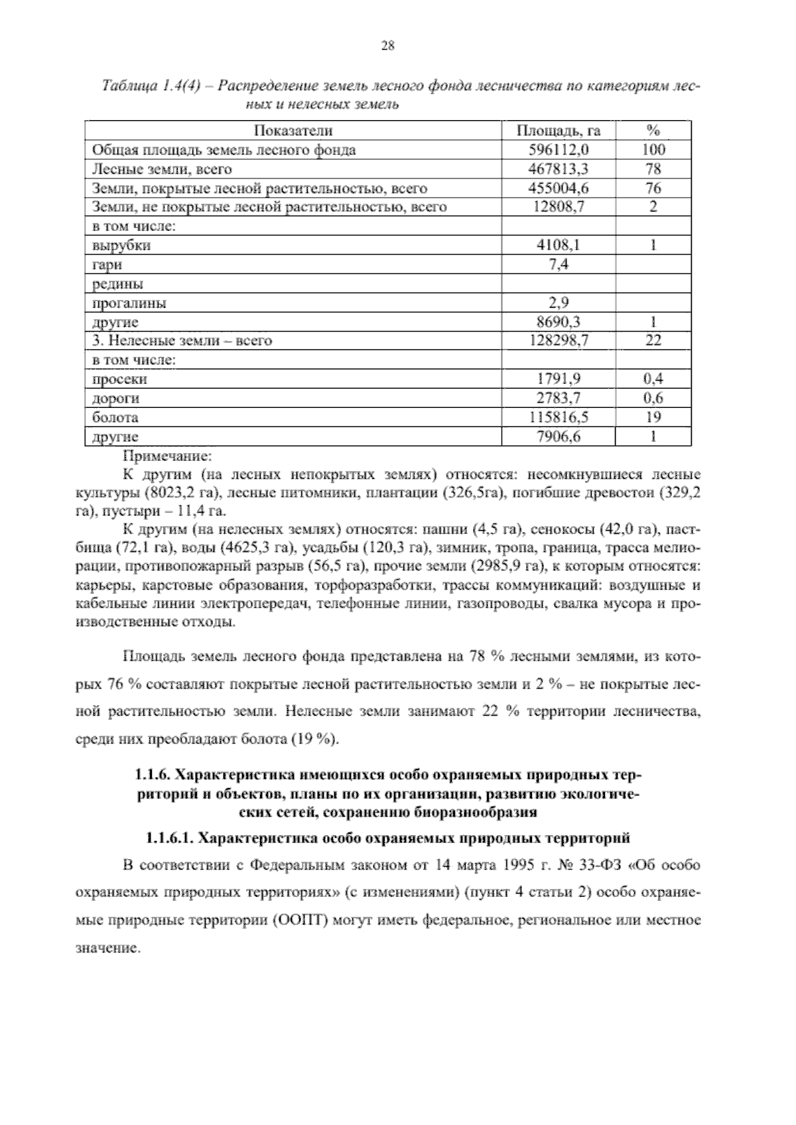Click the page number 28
tap(388, 46)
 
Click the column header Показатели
tap(293, 131)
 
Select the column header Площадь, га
tap(558, 131)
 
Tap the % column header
tap(653, 131)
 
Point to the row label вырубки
tap(121, 245)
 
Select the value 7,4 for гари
tap(558, 265)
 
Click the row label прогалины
tap(129, 303)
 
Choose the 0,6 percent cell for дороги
tap(653, 399)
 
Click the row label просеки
tap(119, 379)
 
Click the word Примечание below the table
tap(167, 456)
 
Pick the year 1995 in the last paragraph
tap(518, 866)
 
